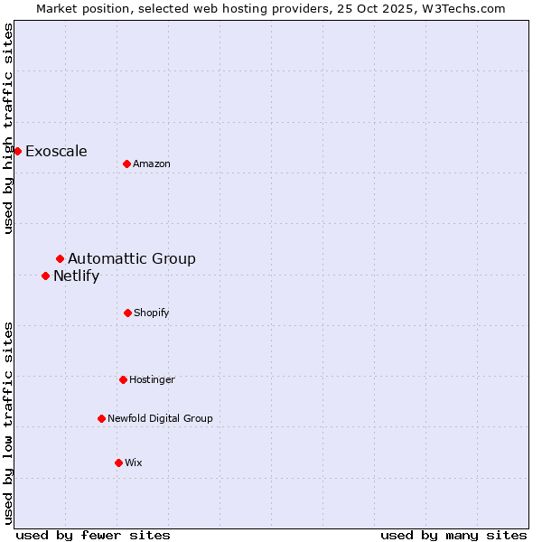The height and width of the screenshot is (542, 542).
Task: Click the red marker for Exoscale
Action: click(17, 151)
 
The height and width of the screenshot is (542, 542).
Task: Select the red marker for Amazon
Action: click(126, 164)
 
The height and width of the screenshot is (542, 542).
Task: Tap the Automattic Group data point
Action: click(60, 259)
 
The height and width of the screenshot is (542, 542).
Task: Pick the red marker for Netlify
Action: click(45, 276)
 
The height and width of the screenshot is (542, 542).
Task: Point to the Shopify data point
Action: click(127, 313)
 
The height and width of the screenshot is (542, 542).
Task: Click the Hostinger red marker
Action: click(123, 379)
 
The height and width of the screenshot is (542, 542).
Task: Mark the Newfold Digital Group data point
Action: click(101, 418)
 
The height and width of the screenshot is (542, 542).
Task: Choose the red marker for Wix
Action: click(118, 463)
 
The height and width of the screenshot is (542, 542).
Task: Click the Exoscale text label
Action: click(56, 152)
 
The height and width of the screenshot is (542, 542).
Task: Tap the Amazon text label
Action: click(152, 164)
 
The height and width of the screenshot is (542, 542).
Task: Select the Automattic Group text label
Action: click(132, 259)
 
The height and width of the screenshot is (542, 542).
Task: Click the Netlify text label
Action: click(76, 276)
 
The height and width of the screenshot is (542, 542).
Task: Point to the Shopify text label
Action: click(152, 313)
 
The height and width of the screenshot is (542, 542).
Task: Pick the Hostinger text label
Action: click(152, 380)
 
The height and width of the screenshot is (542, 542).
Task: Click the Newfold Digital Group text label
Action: click(160, 419)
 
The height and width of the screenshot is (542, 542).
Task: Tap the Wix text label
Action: click(134, 463)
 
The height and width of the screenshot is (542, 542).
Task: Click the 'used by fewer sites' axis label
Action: click(93, 536)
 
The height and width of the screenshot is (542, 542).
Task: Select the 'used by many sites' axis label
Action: click(453, 536)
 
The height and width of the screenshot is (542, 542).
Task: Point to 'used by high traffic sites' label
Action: click(9, 128)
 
